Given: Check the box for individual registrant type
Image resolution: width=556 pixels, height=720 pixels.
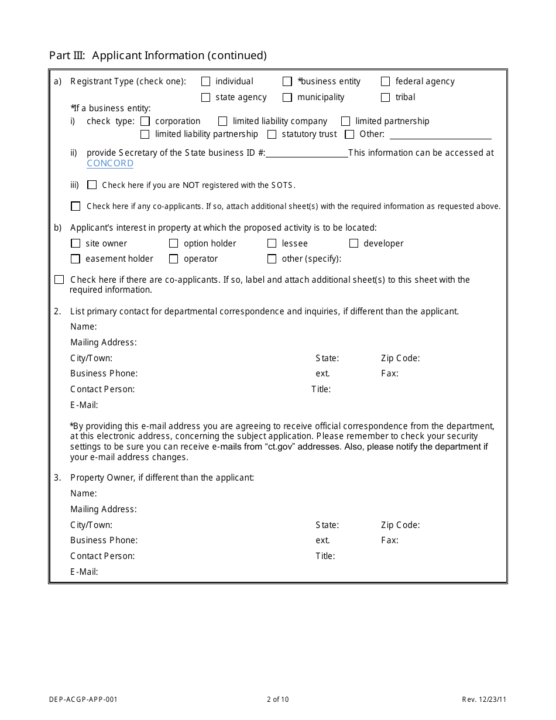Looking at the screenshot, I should pyautogui.click(x=205, y=82).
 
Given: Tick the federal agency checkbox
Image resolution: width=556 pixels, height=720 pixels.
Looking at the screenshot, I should pyautogui.click(x=385, y=82).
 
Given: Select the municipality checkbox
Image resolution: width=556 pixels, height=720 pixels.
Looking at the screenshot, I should pyautogui.click(x=287, y=98).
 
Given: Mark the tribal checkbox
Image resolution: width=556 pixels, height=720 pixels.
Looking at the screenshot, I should pyautogui.click(x=385, y=98).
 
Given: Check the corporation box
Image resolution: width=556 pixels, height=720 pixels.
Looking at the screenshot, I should pyautogui.click(x=145, y=122).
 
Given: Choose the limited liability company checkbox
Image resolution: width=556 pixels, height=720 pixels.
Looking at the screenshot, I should pyautogui.click(x=222, y=122).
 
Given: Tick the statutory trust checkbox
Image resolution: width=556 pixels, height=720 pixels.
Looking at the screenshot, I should pyautogui.click(x=272, y=135).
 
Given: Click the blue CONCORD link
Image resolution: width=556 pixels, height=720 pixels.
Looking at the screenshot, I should pyautogui.click(x=110, y=163).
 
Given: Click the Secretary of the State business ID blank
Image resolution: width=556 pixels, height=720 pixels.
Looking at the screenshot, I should pyautogui.click(x=307, y=153).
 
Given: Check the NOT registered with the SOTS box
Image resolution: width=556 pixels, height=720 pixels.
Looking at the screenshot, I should pyautogui.click(x=92, y=185).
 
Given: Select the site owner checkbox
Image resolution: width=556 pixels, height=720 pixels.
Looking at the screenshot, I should pyautogui.click(x=75, y=244).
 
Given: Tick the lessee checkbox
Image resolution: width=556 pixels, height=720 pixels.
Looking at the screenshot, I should pyautogui.click(x=272, y=244).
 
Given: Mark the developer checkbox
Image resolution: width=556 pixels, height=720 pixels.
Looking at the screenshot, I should pyautogui.click(x=353, y=244).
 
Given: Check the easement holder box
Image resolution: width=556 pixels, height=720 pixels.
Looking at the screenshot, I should pyautogui.click(x=75, y=259).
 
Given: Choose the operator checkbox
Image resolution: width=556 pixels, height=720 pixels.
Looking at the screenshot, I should pyautogui.click(x=173, y=259).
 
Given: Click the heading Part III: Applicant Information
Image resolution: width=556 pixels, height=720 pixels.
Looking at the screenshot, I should pyautogui.click(x=158, y=56).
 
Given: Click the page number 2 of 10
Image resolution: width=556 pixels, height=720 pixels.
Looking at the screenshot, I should pyautogui.click(x=277, y=699).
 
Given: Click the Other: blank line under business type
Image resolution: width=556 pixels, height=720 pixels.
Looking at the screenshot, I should pyautogui.click(x=440, y=135).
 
